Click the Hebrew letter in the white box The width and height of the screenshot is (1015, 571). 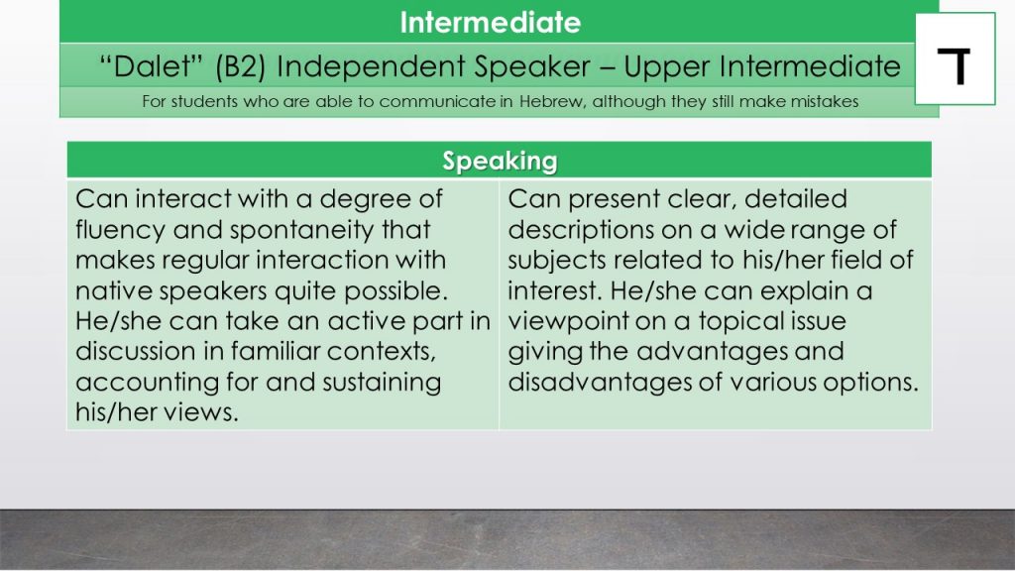click(955, 66)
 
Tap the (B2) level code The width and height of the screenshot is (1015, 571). click(240, 66)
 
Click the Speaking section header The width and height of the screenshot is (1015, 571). click(500, 161)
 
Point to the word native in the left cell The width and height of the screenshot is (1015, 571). click(113, 290)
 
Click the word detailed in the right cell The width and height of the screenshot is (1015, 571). click(796, 198)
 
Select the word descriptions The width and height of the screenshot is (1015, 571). click(581, 230)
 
